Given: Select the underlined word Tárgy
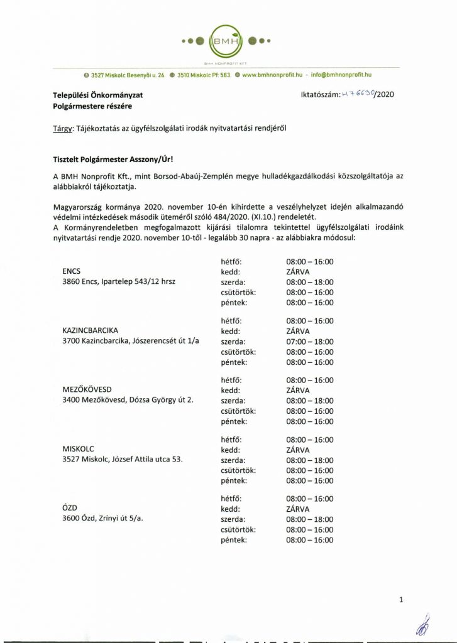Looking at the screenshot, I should [62, 127].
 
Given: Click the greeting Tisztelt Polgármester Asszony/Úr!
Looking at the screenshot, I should [109, 161].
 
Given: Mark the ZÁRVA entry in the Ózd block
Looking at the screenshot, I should [298, 509].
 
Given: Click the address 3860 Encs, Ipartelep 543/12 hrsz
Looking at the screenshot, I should [118, 282].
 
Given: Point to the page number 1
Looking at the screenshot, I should [401, 601].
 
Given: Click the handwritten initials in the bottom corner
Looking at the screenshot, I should [421, 625].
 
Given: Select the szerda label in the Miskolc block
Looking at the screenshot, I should [232, 460].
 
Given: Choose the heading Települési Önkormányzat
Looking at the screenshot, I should [98, 95].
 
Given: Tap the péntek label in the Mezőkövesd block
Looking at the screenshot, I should [234, 421].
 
